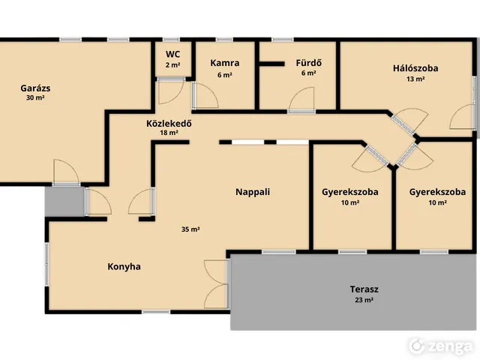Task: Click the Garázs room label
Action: coord(35,88)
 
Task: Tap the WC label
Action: coord(172,54)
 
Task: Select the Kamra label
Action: coord(225,63)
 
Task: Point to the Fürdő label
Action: coord(308,63)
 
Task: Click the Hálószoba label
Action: coord(415,68)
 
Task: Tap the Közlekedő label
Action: coord(169,123)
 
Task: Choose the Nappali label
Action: coord(253,192)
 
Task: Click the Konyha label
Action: coord(124,267)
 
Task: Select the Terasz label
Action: coord(364,289)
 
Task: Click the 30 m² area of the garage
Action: coord(35,98)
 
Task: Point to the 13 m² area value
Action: coord(415,79)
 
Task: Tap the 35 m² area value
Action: coord(190,229)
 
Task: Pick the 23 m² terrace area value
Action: coord(364,300)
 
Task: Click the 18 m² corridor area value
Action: coord(169,133)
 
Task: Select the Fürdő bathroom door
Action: coord(301,99)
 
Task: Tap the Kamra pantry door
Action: coord(205,95)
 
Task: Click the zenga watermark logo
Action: coord(441,346)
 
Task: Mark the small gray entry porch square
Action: coord(64,202)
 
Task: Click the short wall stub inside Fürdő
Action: coord(271,64)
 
